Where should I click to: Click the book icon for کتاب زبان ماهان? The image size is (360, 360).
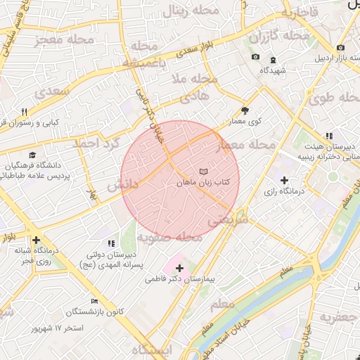[x=203, y=172]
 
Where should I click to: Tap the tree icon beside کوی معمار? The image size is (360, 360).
[x=245, y=110]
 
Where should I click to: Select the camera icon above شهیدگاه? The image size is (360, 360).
[x=255, y=57]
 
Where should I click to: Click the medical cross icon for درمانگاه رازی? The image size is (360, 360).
[x=284, y=181]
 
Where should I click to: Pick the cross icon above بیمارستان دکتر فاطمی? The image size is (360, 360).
[x=179, y=268]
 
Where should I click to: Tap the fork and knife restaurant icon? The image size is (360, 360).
[x=24, y=112]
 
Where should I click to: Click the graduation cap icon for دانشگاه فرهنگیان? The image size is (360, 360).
[x=32, y=155]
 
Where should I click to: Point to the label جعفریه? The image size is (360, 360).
[x=339, y=317]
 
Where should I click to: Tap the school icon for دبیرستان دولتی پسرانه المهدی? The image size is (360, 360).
[x=112, y=243]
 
